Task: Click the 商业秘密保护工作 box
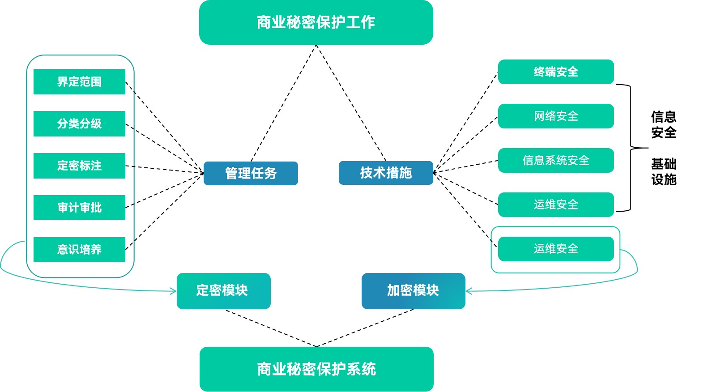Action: coord(316,22)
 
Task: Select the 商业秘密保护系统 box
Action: coord(316,369)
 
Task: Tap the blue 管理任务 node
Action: coord(251,173)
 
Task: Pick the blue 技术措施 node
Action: coord(386,173)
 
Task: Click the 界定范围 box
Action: coord(79,81)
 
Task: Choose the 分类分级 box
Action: coord(79,124)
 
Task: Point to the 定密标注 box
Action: coord(79,166)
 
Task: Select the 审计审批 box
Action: coord(79,208)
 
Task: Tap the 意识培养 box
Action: coord(79,250)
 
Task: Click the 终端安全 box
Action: coord(556,72)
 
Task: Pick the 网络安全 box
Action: coord(556,116)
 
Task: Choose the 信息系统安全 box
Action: coord(556,160)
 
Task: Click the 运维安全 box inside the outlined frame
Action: coord(556,249)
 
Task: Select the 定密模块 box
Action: coord(223,291)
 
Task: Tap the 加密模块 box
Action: coord(413,291)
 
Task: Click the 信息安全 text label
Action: coord(663,125)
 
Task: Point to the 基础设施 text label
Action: coord(663,172)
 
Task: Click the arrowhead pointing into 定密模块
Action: coord(174,291)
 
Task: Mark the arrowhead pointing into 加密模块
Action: coord(468,291)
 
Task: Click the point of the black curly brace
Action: coord(647,148)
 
